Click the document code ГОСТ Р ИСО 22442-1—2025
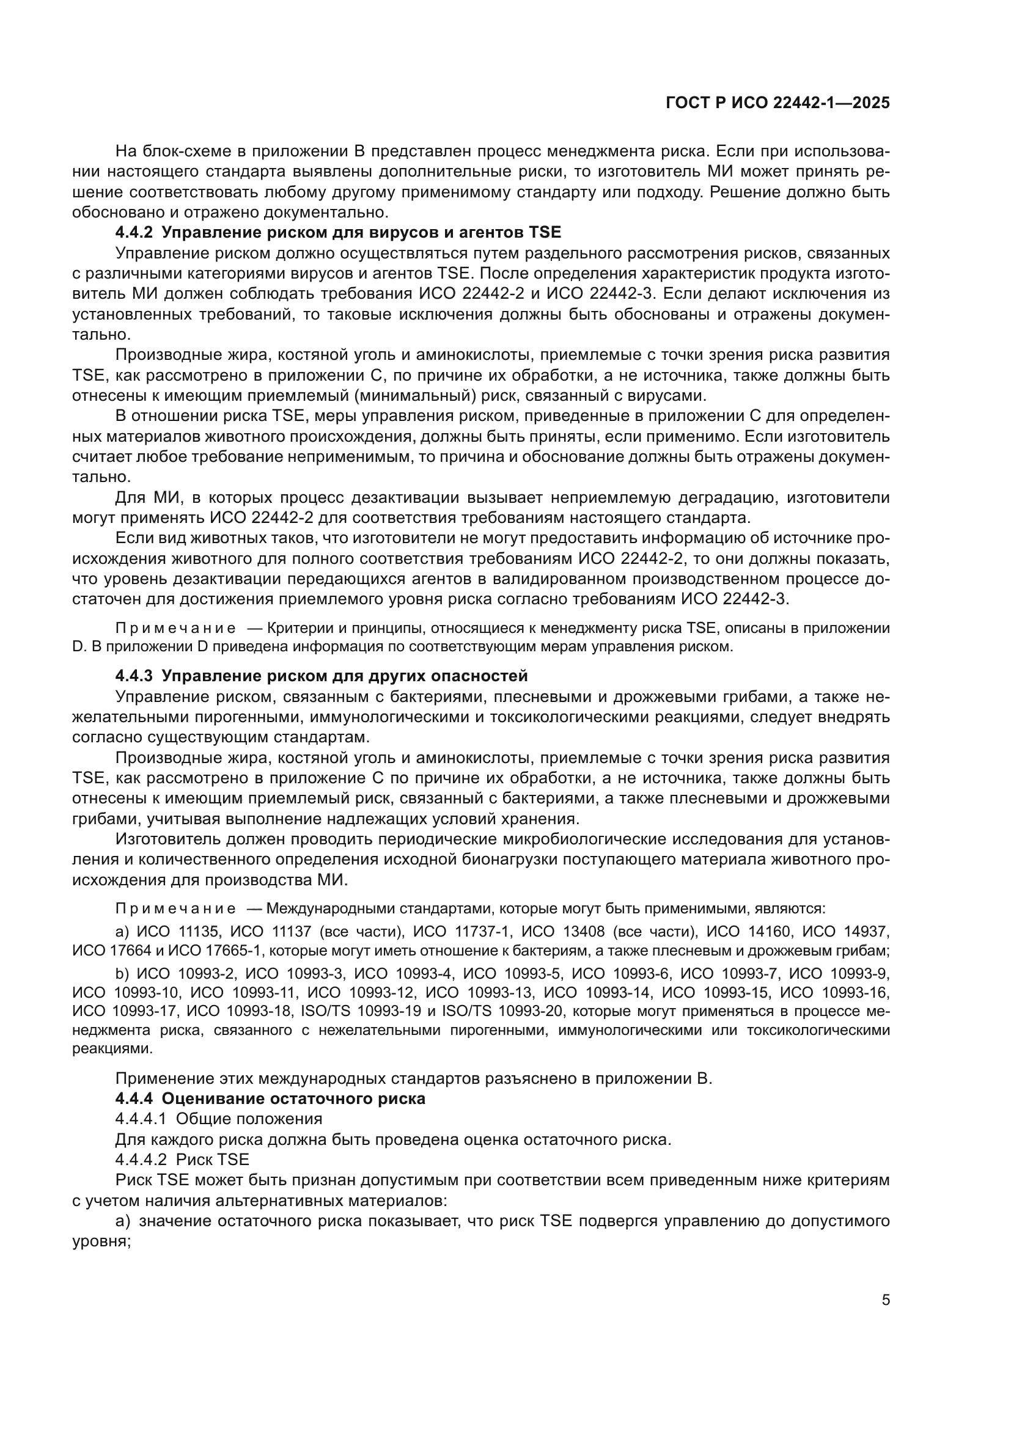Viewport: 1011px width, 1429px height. click(778, 103)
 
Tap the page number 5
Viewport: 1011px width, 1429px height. click(886, 1299)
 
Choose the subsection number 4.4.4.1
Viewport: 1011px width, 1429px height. click(141, 1119)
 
